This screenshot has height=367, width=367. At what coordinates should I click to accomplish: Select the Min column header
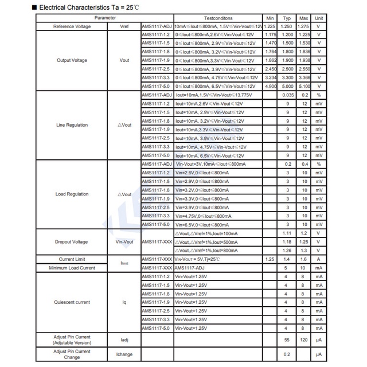(271, 18)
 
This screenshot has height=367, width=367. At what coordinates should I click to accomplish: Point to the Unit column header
(319, 18)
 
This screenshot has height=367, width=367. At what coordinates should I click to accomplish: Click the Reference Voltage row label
(72, 26)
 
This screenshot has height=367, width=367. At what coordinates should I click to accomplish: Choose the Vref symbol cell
(124, 26)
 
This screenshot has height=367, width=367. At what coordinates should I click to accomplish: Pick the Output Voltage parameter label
(72, 60)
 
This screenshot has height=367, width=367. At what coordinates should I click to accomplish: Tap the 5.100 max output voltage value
(304, 86)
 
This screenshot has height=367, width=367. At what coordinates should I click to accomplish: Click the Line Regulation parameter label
(72, 125)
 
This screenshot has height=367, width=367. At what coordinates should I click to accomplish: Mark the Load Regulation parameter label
(72, 194)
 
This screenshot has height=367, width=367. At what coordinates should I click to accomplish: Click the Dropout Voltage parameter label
(72, 241)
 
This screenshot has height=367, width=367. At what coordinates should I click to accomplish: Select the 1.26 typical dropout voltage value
(288, 250)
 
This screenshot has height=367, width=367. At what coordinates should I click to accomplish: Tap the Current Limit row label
(72, 259)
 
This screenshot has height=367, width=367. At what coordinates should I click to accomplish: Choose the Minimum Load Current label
(72, 268)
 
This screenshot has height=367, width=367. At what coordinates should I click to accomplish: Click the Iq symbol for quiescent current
(124, 302)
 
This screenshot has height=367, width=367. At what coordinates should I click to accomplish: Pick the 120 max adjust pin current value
(304, 339)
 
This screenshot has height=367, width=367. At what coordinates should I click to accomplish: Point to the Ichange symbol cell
(124, 354)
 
